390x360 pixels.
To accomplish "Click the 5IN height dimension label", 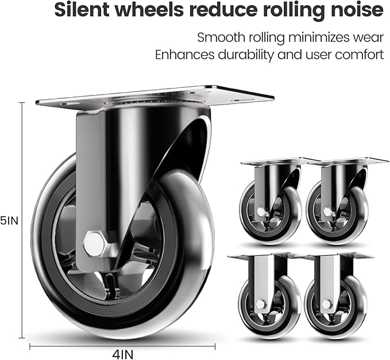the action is [9, 220].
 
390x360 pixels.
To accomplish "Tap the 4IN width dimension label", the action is [122, 354].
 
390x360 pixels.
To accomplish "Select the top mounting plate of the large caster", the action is [155, 98].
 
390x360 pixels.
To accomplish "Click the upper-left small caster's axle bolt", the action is [261, 212].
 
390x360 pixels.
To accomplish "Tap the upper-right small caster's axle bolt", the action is [327, 212].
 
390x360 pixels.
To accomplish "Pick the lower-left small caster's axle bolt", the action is [260, 304].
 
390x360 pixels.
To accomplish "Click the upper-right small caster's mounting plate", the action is [348, 162].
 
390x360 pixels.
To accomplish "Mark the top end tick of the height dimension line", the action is [22, 102].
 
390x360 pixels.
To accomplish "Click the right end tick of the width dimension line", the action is [215, 346].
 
